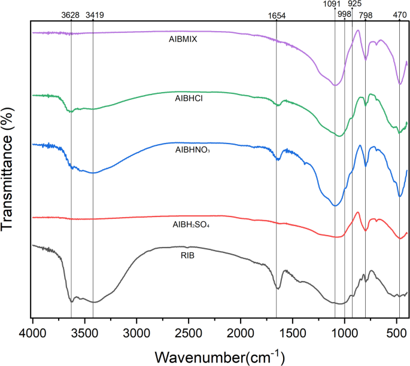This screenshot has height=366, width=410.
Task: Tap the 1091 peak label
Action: (x=335, y=5)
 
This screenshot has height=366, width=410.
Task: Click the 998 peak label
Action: (x=344, y=14)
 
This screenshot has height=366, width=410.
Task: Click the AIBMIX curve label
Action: (x=183, y=39)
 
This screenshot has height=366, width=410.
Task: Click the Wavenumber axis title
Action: (x=219, y=356)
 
